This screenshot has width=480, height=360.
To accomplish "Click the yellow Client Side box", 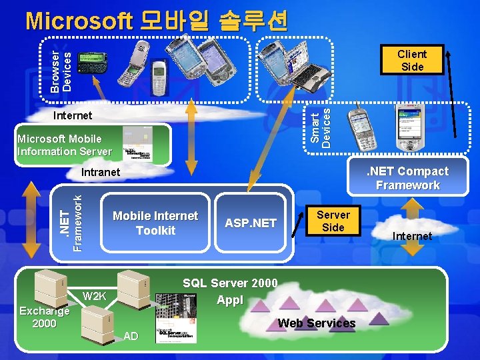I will [x=412, y=60].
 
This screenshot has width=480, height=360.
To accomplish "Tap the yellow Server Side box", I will [x=333, y=221].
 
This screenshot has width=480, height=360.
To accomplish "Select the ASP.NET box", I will [x=251, y=223].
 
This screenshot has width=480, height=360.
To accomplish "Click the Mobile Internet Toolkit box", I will [x=155, y=223].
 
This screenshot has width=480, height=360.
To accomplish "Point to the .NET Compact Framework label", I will [x=408, y=178].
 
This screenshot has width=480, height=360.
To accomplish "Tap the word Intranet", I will [x=100, y=173].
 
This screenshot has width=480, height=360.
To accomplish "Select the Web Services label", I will [x=317, y=323].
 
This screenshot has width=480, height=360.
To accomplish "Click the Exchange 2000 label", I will [x=45, y=317].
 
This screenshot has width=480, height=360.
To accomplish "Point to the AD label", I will [x=131, y=336].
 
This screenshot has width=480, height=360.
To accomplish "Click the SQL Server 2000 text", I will [x=230, y=283].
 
